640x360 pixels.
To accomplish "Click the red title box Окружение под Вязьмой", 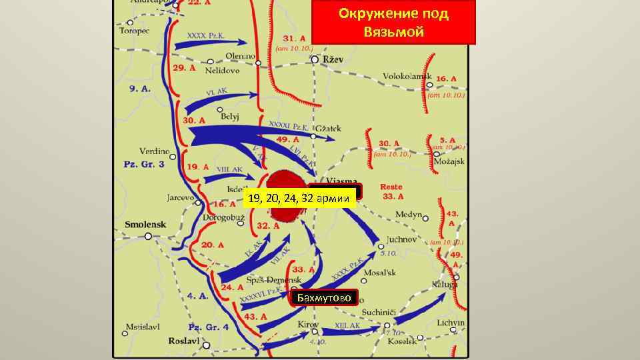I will [x=393, y=23].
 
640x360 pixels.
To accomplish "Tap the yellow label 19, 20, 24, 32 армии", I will [x=299, y=199].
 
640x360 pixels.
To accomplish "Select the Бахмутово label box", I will [x=324, y=297].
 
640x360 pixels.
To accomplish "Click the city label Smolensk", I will [x=145, y=225].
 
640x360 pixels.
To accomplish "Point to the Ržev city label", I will [x=333, y=59].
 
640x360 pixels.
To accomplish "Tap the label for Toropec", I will [x=134, y=30].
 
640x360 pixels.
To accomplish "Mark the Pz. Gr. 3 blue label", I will [x=143, y=164].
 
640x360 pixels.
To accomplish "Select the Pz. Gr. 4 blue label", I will [x=209, y=327].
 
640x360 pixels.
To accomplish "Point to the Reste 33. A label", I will [x=391, y=191].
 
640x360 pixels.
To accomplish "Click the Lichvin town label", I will [x=451, y=323].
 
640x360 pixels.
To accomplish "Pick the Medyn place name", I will [x=409, y=215].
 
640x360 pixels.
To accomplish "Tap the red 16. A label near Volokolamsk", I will [x=446, y=79].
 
